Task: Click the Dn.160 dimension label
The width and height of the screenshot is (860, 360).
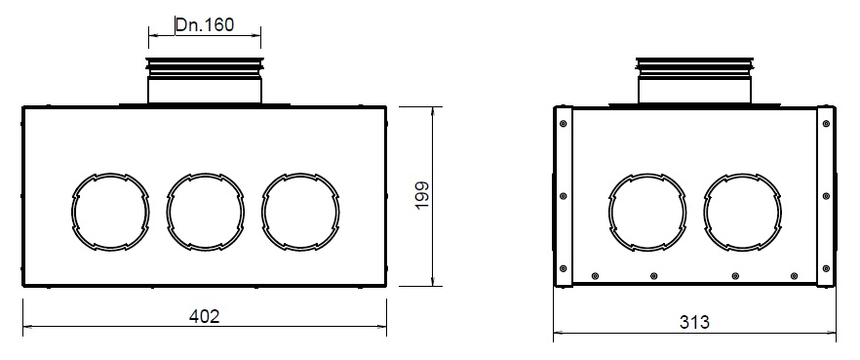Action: [205, 24]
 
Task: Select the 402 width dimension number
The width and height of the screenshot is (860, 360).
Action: [204, 316]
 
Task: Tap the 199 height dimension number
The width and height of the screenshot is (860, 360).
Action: [422, 195]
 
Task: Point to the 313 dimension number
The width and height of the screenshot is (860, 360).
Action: [694, 322]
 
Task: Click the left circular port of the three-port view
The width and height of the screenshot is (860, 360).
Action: [72, 212]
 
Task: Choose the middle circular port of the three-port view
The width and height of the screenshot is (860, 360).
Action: [167, 212]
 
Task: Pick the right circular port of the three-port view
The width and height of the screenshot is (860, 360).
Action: [261, 212]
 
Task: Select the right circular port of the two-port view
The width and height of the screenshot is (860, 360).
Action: [704, 212]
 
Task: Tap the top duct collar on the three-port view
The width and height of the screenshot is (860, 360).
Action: [205, 80]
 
